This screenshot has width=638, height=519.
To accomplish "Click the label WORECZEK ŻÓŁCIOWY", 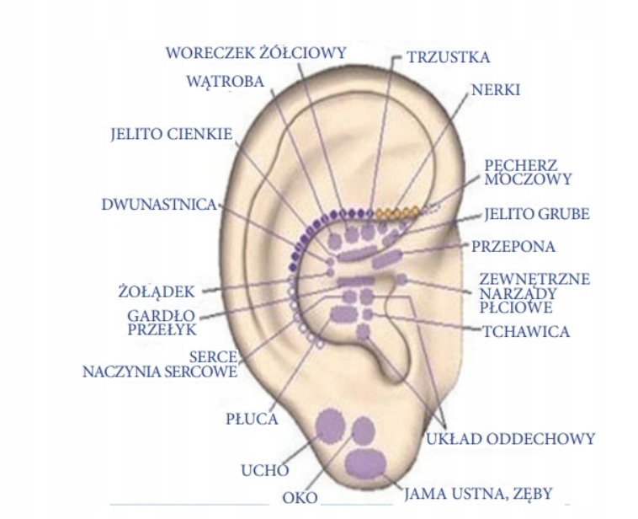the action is pyautogui.click(x=256, y=52).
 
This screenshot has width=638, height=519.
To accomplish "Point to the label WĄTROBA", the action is pyautogui.click(x=226, y=82).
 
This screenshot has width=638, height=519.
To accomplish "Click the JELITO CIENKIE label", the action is pyautogui.click(x=171, y=134).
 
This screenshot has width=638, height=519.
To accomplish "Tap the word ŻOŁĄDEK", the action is pyautogui.click(x=157, y=292).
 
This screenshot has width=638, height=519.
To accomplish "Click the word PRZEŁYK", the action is pyautogui.click(x=161, y=330).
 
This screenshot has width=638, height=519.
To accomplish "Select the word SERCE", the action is pyautogui.click(x=213, y=356).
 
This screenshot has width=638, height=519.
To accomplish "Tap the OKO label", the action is pyautogui.click(x=300, y=497).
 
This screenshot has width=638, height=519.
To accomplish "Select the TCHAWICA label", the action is pyautogui.click(x=526, y=331).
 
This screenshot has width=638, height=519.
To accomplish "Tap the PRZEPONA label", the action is pyautogui.click(x=513, y=246).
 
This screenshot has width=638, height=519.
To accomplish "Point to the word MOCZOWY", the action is pyautogui.click(x=529, y=179).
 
